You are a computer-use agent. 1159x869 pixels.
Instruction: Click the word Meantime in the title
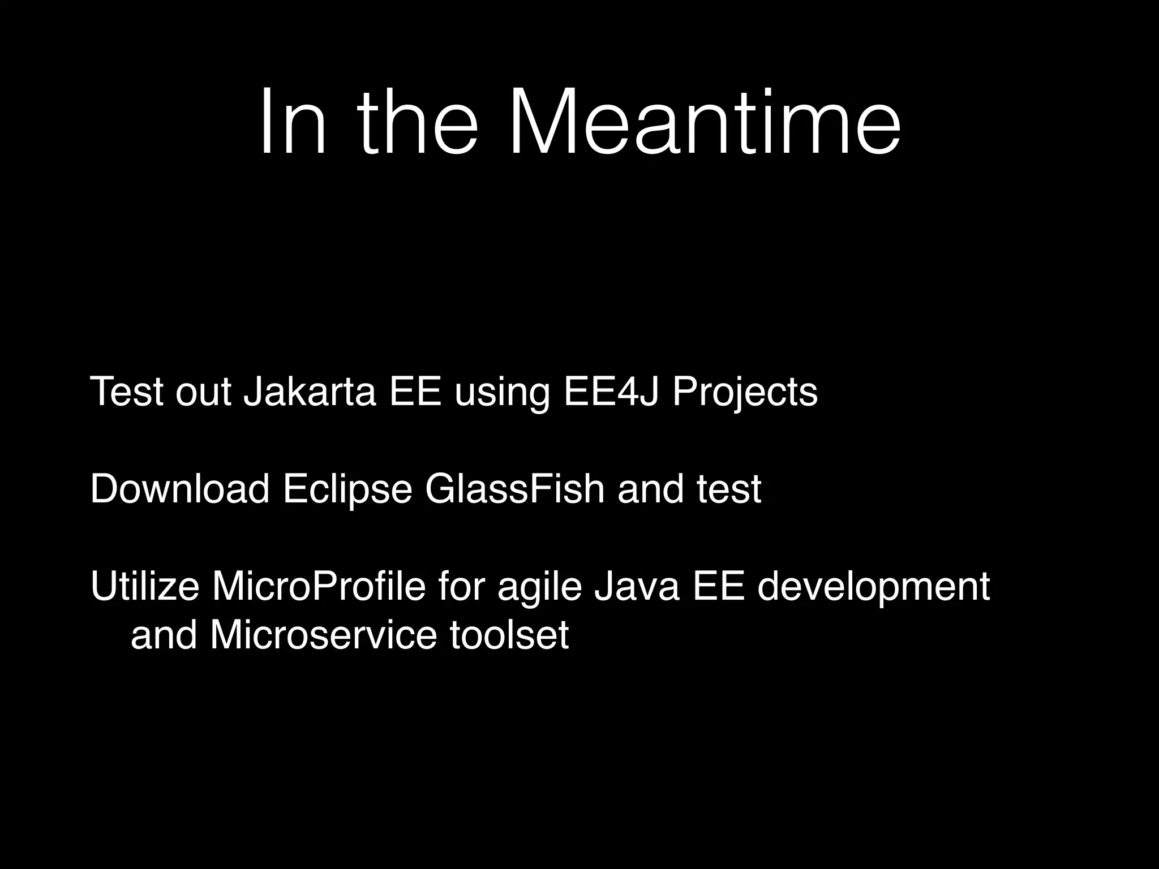(705, 122)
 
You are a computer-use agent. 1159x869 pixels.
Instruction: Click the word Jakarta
(310, 392)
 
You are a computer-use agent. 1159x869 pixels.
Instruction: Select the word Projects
(745, 392)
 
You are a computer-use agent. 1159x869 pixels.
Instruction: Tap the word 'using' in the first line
(502, 392)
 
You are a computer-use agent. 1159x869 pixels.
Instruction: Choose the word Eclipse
(347, 489)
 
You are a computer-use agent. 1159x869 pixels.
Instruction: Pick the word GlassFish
(514, 489)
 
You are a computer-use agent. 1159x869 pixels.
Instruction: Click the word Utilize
(145, 586)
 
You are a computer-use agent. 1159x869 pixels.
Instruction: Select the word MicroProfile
(318, 586)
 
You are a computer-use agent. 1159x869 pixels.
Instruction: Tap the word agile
(539, 586)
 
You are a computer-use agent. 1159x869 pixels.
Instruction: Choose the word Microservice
(323, 635)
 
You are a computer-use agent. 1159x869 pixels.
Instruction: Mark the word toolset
(509, 635)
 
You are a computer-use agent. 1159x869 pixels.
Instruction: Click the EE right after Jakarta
(415, 392)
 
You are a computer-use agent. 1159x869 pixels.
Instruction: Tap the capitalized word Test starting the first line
(127, 392)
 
